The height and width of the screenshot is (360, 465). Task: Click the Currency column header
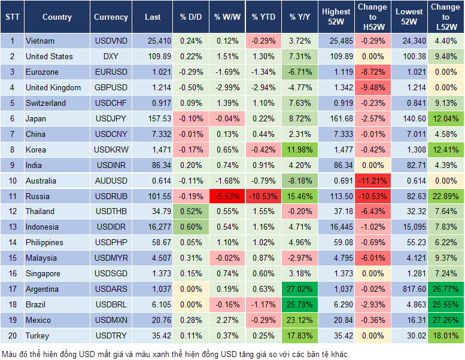(111, 17)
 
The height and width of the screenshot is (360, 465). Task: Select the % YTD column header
(263, 17)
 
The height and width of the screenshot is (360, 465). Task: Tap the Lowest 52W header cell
(409, 17)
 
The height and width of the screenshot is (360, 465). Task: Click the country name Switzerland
(45, 103)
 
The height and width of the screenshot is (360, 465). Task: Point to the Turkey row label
(37, 335)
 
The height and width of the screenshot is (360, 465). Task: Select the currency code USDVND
(110, 41)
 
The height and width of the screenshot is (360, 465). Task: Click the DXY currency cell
(110, 56)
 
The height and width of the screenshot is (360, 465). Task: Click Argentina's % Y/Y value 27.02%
(300, 289)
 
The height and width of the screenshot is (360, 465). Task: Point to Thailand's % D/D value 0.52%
(190, 212)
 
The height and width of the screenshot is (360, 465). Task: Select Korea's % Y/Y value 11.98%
(300, 150)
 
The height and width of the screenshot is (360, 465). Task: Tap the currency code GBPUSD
(110, 87)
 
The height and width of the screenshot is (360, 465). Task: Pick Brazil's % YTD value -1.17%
(263, 304)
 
